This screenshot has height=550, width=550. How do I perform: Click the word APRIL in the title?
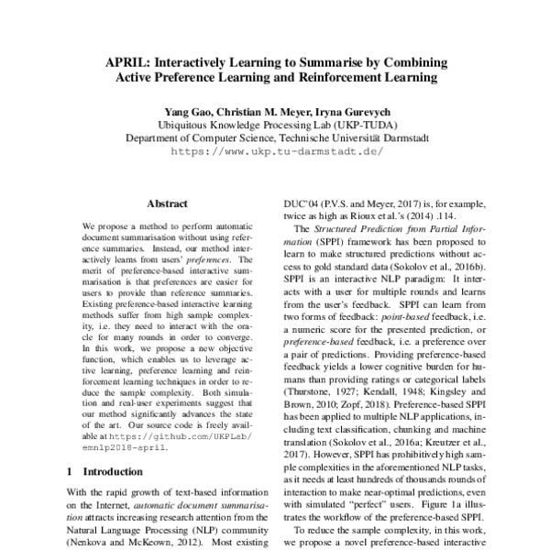(x=134, y=63)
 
